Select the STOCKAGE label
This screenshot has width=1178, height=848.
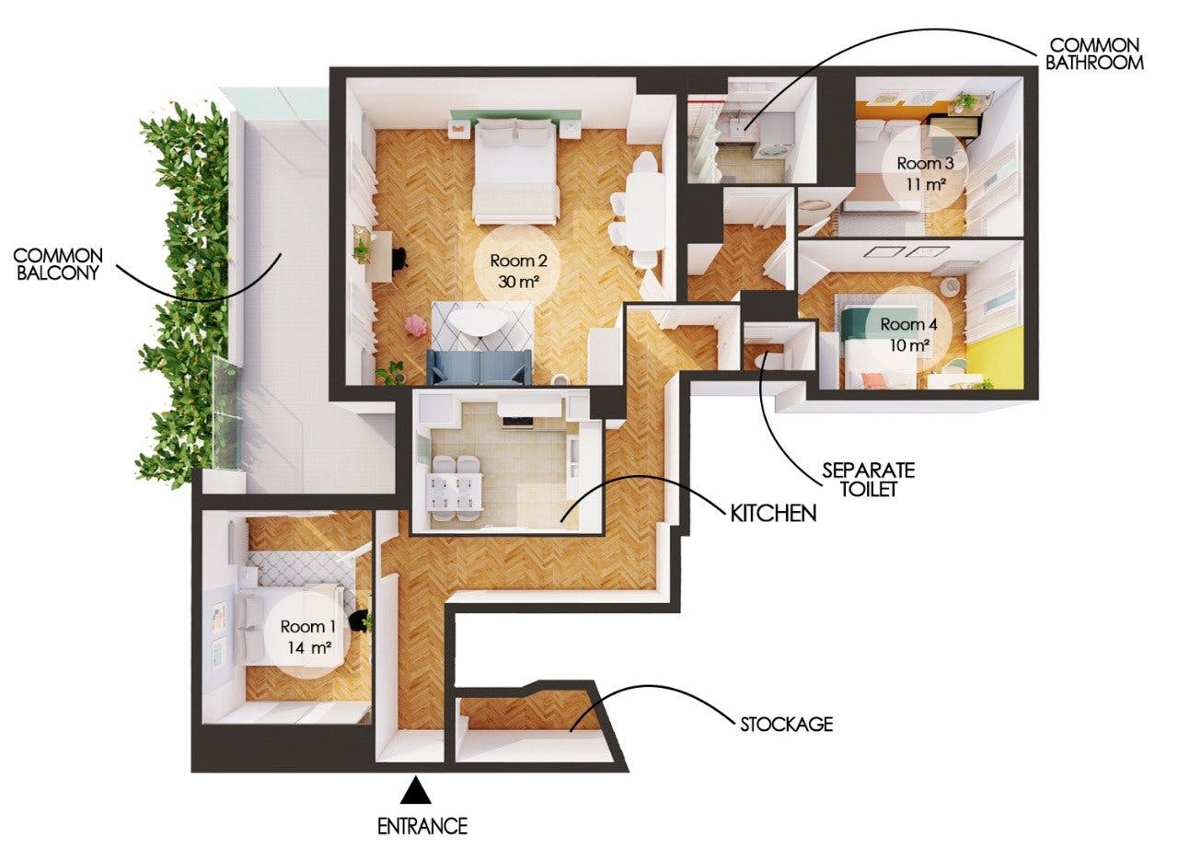tap(786, 724)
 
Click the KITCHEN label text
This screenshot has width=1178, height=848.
tap(773, 513)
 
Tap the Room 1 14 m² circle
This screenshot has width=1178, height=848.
tap(307, 635)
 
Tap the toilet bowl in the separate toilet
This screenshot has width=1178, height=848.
tap(764, 362)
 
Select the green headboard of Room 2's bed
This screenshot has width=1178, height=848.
tap(515, 116)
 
